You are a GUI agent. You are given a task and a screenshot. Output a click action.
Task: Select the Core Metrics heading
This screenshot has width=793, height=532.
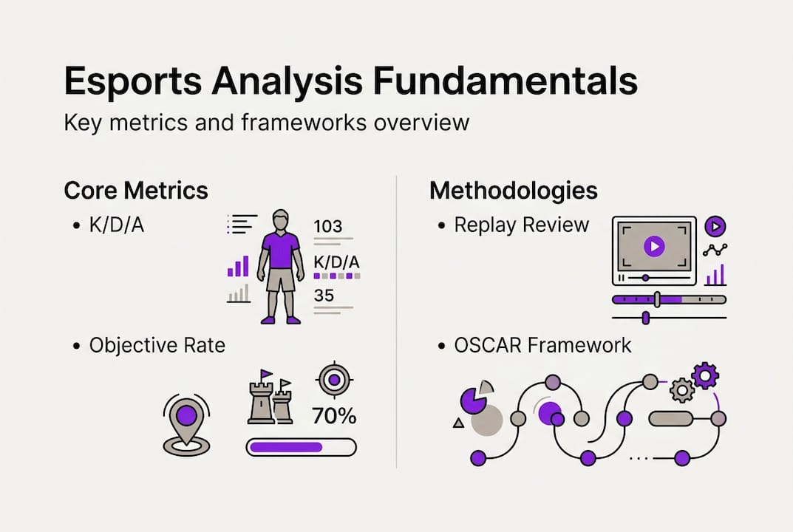tap(136, 190)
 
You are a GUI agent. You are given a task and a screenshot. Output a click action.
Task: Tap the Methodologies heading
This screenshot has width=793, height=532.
tap(513, 190)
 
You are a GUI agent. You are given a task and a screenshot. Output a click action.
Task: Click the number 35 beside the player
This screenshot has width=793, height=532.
tap(324, 296)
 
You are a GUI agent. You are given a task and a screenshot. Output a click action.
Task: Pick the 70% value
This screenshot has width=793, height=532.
tap(334, 416)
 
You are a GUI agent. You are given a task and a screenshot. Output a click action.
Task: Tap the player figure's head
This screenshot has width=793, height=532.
tap(281, 219)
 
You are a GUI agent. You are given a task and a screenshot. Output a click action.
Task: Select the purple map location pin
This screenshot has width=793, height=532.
tap(186, 415)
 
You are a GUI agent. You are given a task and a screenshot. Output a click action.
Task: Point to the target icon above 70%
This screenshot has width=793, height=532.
tap(334, 380)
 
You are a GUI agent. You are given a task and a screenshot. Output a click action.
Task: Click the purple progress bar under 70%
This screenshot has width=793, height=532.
tap(287, 447)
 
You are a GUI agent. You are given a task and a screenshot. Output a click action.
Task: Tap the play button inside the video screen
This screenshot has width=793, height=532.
tap(653, 246)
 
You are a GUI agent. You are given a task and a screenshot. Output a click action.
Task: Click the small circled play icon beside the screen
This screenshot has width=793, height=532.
tap(715, 226)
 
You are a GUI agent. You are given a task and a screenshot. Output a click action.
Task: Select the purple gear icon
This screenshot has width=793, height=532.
tap(705, 376)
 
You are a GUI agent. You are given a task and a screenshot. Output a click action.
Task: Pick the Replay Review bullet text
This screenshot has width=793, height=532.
tap(521, 225)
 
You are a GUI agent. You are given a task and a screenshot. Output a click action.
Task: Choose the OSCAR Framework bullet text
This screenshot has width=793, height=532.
tap(542, 344)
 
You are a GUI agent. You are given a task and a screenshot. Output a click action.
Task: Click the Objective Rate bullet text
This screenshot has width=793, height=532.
tap(157, 345)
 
